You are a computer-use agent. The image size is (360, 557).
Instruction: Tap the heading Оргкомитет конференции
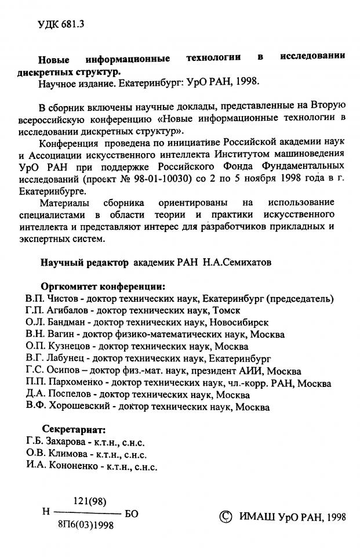click(103, 286)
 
